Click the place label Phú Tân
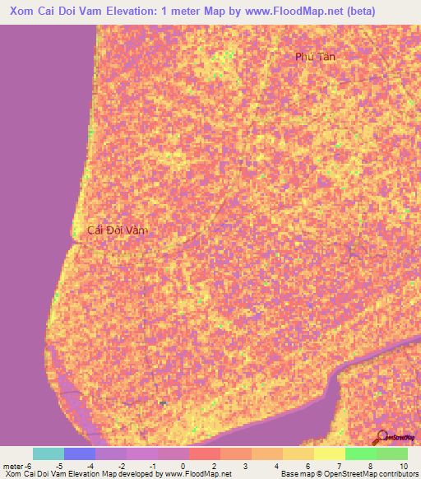(317, 56)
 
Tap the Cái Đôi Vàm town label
(117, 231)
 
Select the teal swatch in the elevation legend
(49, 453)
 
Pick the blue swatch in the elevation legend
(80, 453)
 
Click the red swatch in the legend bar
(204, 453)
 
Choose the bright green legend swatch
(359, 453)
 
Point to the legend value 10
(402, 465)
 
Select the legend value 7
(340, 465)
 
